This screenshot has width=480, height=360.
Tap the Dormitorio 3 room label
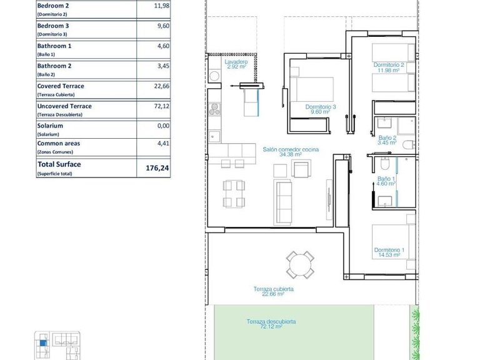point(321,109)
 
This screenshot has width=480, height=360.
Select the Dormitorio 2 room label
point(389,67)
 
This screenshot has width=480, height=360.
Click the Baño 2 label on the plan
point(387,140)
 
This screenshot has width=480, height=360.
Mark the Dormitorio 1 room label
point(389,252)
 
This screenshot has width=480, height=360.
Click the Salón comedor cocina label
point(291,152)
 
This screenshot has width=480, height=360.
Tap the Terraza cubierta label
point(273,292)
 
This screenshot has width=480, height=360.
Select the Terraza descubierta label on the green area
point(271,324)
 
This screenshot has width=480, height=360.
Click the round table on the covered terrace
point(300,264)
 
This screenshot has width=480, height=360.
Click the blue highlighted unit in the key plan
point(42,341)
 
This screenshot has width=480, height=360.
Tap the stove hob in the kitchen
point(214,109)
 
